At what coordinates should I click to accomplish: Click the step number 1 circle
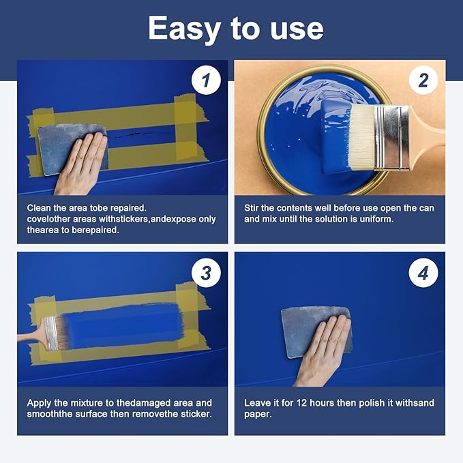click(206, 80)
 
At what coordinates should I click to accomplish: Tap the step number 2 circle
click(423, 80)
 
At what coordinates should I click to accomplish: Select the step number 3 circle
click(206, 273)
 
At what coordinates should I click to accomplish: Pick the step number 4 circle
click(423, 273)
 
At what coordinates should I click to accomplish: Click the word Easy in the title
click(185, 29)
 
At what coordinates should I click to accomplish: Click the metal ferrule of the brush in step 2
click(391, 138)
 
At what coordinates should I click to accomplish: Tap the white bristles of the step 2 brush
click(361, 138)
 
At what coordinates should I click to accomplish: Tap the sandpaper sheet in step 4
click(316, 331)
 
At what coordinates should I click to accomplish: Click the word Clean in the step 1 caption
click(39, 208)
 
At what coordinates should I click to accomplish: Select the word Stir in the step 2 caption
click(252, 208)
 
